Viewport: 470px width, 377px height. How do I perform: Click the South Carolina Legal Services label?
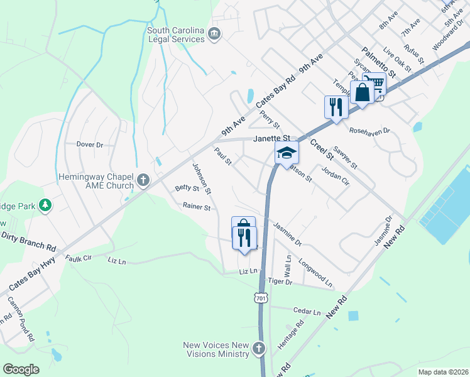click(x=175, y=35)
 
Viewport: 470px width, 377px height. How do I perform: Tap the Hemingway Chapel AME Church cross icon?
click(x=143, y=181)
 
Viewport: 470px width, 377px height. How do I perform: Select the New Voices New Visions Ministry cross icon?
click(x=258, y=347)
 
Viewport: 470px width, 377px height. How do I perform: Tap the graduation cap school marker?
click(x=286, y=153)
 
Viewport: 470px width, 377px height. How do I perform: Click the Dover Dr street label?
click(x=90, y=145)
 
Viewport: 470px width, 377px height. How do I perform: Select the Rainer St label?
click(x=196, y=206)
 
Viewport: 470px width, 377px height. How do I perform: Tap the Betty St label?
click(x=187, y=188)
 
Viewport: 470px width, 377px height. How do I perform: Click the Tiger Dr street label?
click(x=280, y=282)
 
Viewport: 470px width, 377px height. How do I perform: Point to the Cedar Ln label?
click(x=307, y=311)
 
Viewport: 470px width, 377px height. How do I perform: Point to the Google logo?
click(x=21, y=369)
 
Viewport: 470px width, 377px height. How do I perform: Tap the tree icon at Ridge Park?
click(x=45, y=205)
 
